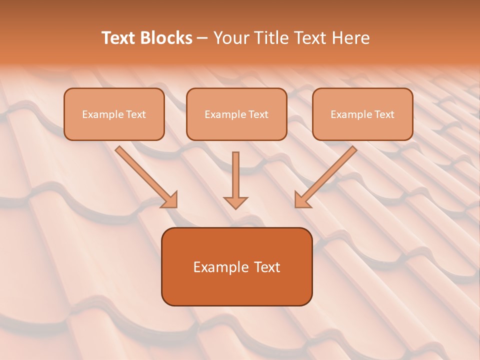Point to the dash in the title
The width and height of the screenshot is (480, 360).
202,38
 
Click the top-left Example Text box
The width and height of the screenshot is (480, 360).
114,114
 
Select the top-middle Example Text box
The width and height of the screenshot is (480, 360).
236,114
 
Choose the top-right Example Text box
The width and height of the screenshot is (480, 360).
362,114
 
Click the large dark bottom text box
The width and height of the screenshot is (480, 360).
236,266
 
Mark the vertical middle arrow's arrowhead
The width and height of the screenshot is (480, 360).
235,202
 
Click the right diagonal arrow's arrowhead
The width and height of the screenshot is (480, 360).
301,200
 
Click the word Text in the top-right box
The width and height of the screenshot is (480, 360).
384,114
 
